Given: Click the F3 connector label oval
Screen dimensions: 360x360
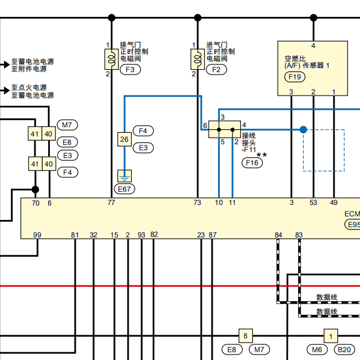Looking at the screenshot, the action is click(x=130, y=70).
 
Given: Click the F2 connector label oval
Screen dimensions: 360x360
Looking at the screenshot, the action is click(x=216, y=70).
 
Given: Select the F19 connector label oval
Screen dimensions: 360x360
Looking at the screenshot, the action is click(x=295, y=77).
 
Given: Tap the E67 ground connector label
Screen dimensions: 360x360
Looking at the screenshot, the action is click(x=124, y=189).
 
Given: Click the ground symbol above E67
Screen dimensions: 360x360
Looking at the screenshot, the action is click(x=124, y=176).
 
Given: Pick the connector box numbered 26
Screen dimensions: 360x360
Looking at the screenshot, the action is click(x=124, y=139).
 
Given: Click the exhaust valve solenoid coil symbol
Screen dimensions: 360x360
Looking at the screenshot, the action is click(x=112, y=59).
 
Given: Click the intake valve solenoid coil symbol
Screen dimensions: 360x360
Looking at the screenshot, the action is click(x=198, y=59).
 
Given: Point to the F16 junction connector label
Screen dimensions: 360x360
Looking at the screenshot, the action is click(x=252, y=163).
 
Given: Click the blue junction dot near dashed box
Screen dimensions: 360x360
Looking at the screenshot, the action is click(x=304, y=130).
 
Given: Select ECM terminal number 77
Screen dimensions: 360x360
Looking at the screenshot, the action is click(x=111, y=203).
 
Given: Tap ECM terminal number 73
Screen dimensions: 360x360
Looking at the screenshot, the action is click(x=197, y=203).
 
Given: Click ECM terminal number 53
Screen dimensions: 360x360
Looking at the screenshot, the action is click(x=313, y=203).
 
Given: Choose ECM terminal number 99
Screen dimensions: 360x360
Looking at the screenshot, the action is click(x=37, y=235).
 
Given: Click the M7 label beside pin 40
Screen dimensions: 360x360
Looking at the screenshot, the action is click(x=67, y=125).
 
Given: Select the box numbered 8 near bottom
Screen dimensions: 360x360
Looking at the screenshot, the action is click(x=246, y=336).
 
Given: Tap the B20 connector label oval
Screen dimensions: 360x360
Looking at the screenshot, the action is click(x=344, y=349).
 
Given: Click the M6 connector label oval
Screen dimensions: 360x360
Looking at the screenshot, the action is click(x=317, y=349).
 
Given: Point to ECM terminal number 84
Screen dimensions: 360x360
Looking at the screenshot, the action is click(x=278, y=235).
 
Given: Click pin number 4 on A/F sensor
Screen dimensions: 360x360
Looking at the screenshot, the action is click(x=313, y=46).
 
